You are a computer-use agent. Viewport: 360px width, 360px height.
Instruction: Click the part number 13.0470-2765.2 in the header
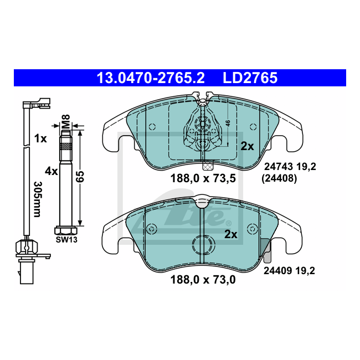click(151, 78)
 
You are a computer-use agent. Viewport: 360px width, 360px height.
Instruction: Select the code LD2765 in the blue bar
click(250, 78)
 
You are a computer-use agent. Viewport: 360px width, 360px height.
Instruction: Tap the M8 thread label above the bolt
click(66, 122)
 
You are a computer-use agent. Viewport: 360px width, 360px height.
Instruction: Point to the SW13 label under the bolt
click(66, 240)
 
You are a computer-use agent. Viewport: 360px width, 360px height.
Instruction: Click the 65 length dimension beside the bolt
click(80, 177)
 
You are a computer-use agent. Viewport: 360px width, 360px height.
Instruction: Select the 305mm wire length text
click(38, 199)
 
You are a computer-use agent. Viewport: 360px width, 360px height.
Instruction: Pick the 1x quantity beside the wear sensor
click(40, 138)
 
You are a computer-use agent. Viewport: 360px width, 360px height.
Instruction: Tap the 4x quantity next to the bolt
click(51, 171)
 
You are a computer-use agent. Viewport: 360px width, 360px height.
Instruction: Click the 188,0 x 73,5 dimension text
click(203, 178)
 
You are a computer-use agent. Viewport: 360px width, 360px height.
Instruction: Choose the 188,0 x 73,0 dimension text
click(203, 280)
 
